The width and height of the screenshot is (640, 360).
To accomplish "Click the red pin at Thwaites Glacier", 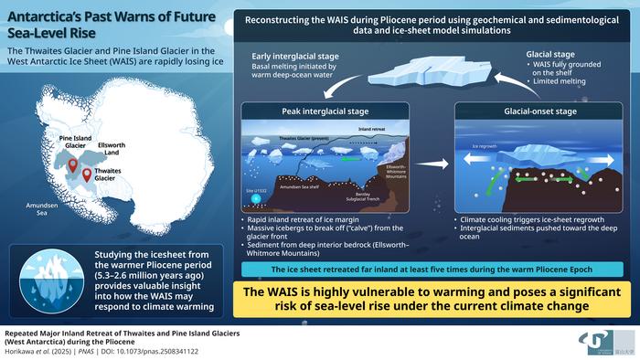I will click(x=88, y=174).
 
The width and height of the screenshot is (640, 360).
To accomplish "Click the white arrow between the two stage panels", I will click(x=438, y=165).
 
